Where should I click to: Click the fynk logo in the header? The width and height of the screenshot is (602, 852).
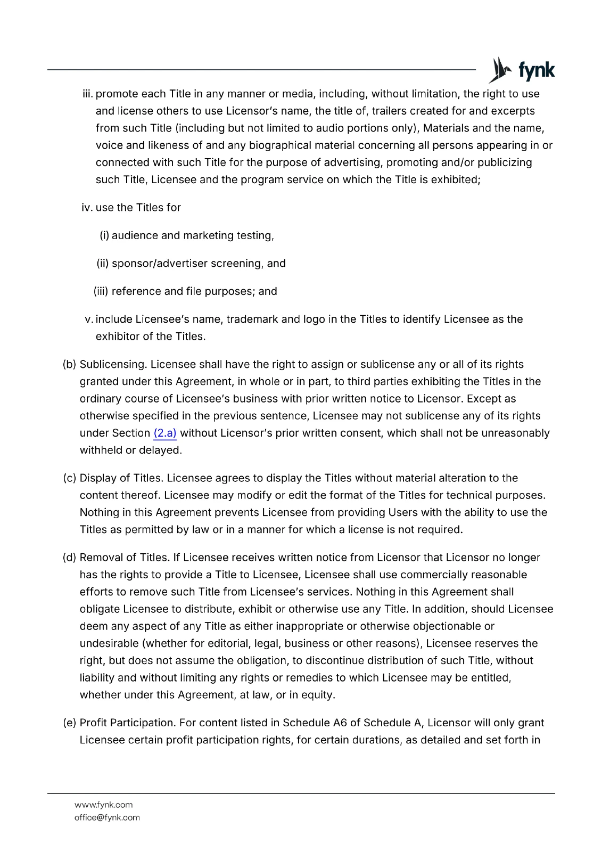click(x=522, y=70)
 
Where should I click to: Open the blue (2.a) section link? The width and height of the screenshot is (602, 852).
click(x=164, y=433)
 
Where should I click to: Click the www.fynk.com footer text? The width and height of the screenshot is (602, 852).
click(x=103, y=805)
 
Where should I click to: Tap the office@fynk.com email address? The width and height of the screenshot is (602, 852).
click(x=107, y=817)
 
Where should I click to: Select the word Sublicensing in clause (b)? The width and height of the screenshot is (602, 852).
click(x=113, y=364)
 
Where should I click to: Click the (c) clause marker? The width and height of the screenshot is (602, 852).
click(x=70, y=478)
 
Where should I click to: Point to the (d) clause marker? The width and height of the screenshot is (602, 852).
click(x=70, y=558)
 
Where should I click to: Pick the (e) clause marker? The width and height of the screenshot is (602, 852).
click(x=70, y=723)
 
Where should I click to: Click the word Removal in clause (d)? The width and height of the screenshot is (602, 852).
click(x=98, y=558)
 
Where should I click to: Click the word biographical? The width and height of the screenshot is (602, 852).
click(x=280, y=145)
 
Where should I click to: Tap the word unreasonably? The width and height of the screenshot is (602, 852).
click(x=515, y=433)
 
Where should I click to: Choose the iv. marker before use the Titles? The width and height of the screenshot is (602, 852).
click(x=87, y=207)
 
